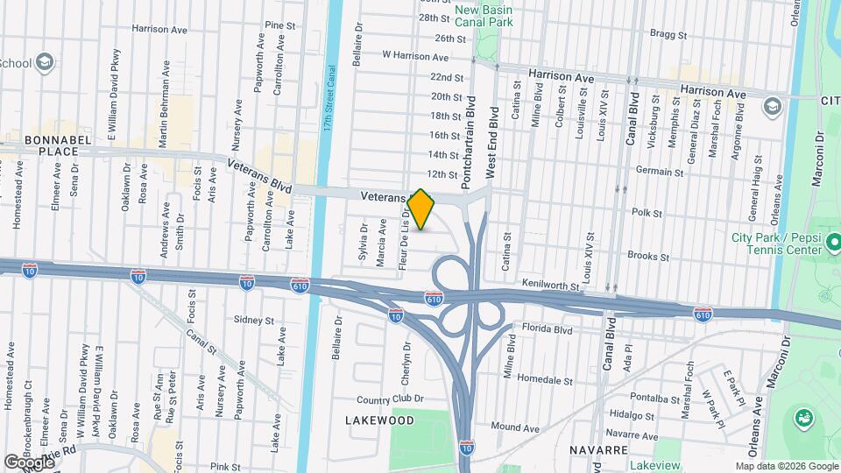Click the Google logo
pyautogui.click(x=29, y=462)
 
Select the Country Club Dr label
pyautogui.click(x=390, y=399)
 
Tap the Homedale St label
pyautogui.click(x=544, y=381)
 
